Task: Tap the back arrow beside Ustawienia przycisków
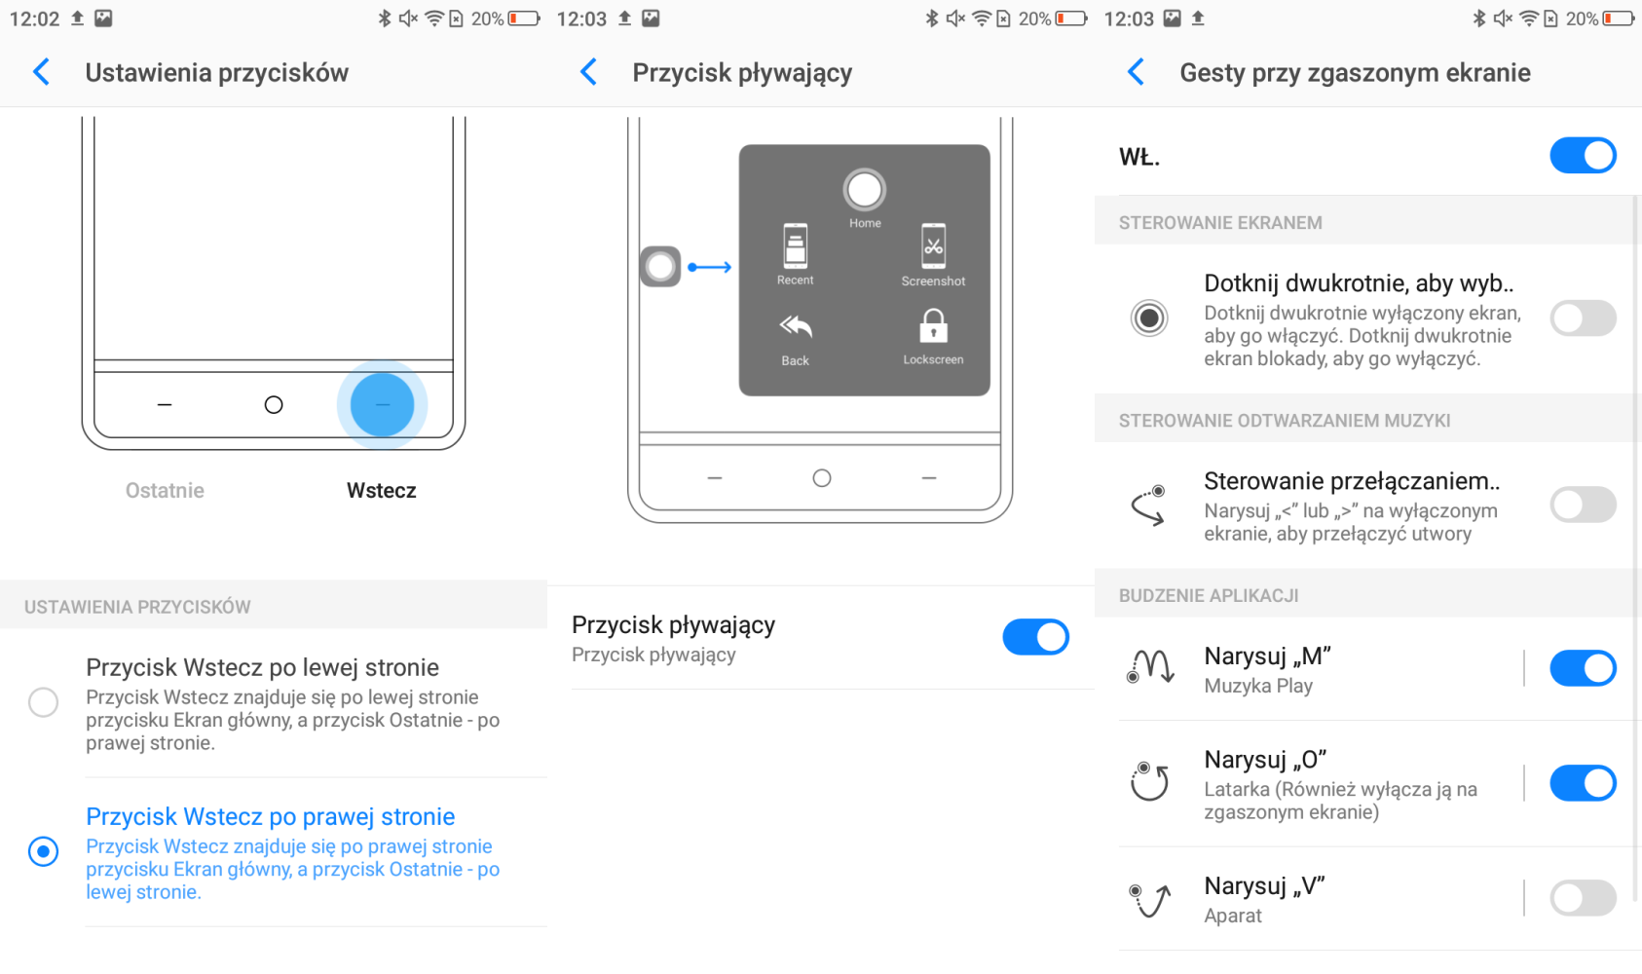(42, 72)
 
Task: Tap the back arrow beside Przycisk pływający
(588, 72)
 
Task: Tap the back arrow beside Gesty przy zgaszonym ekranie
(1136, 72)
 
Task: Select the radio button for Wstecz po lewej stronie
(43, 702)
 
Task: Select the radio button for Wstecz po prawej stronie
(43, 851)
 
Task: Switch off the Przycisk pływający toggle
(1036, 637)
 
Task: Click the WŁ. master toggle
(1583, 156)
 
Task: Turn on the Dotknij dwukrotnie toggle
(1583, 318)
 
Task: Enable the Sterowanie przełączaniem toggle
(1583, 505)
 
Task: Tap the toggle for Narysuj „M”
(1583, 668)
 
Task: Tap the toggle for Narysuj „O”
(1583, 783)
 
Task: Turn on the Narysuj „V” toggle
(1583, 898)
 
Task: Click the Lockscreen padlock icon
(933, 326)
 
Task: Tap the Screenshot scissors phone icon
(933, 245)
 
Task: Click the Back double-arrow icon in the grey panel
(796, 327)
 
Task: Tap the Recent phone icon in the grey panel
(796, 245)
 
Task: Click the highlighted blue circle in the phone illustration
(382, 404)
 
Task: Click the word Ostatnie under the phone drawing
(165, 490)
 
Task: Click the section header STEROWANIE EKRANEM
(1220, 223)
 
